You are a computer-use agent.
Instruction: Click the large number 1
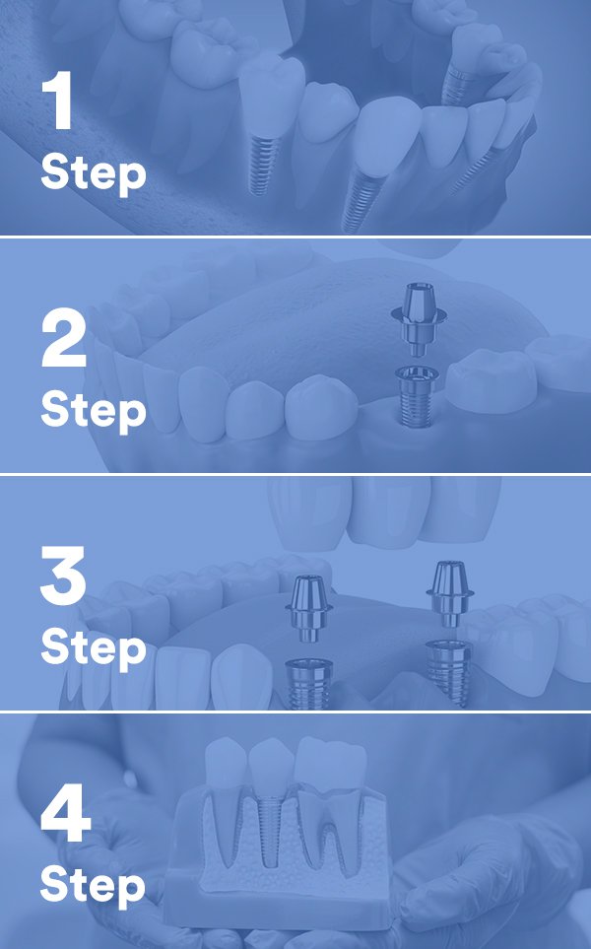click(x=58, y=100)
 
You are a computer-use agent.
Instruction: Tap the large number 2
click(x=63, y=338)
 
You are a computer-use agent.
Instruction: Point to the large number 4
click(x=65, y=813)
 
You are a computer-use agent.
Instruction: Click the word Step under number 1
click(x=94, y=173)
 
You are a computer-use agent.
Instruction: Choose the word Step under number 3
click(x=94, y=647)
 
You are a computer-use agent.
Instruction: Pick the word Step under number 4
click(x=94, y=886)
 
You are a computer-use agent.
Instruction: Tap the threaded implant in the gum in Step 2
click(x=417, y=396)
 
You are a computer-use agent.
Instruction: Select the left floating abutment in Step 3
click(x=309, y=607)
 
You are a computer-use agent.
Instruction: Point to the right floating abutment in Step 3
click(x=449, y=593)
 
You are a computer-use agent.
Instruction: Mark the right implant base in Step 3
click(x=448, y=672)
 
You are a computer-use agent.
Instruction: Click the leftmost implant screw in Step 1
click(x=261, y=165)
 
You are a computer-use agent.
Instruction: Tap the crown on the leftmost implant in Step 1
click(x=272, y=94)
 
